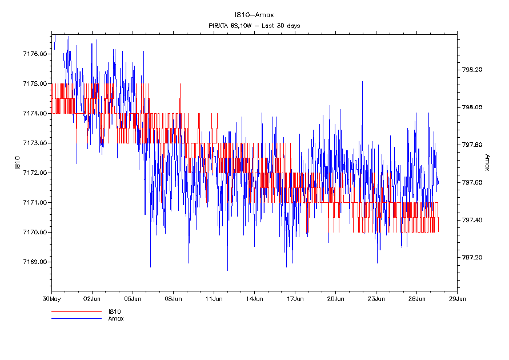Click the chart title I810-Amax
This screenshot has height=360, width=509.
254,15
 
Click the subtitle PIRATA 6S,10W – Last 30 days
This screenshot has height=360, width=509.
254,26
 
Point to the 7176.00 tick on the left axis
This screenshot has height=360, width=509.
34,54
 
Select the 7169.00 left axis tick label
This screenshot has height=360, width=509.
34,262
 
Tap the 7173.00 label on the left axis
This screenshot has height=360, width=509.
34,143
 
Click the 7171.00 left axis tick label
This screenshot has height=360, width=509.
34,202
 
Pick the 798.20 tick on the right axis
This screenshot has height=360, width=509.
472,70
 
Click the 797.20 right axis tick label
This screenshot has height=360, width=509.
472,258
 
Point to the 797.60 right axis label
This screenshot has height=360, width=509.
472,182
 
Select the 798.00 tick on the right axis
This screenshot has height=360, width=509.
472,107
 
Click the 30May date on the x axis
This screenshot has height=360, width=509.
51,298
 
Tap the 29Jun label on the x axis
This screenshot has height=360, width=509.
457,298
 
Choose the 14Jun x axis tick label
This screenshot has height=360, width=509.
254,298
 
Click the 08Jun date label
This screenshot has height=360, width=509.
173,298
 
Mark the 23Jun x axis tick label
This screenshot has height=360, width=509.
376,298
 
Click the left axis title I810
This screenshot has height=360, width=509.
17,162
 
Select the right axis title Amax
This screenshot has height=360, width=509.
487,162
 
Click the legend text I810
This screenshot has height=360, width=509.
114,312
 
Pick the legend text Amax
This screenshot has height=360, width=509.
116,318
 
